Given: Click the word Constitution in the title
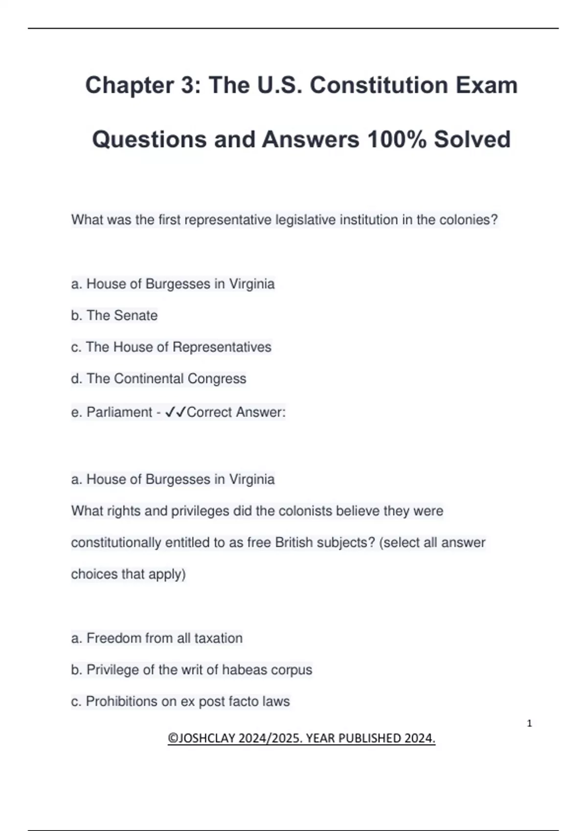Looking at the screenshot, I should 379,85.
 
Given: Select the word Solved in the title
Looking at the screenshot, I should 472,139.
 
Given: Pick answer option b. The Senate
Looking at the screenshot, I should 114,316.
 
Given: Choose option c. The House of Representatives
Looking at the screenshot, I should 171,347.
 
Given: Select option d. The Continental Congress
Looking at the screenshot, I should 158,379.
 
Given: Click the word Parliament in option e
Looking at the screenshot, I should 119,413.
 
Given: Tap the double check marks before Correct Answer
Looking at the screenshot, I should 176,413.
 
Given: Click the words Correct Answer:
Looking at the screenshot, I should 236,413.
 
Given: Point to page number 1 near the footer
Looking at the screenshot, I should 529,723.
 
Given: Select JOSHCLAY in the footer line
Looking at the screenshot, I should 206,738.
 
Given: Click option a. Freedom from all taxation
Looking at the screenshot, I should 157,638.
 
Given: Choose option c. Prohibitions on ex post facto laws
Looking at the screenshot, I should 180,701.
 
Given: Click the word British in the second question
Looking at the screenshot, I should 294,543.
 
